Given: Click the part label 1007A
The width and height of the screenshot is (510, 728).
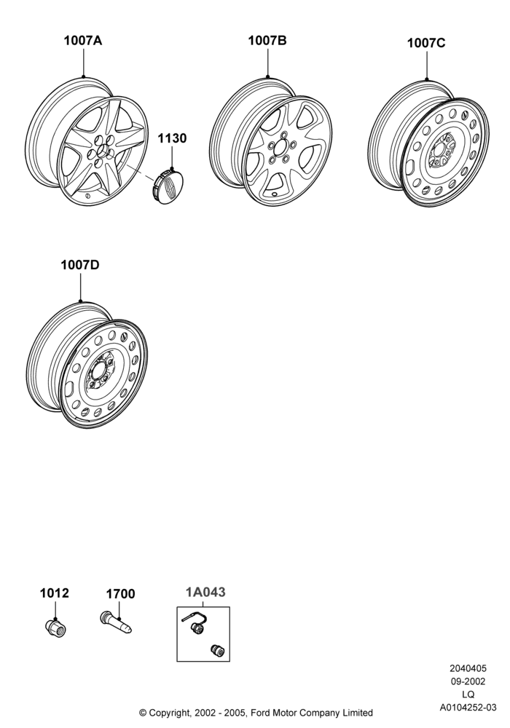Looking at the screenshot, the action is [82, 41].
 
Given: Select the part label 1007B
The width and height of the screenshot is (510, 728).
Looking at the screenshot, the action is [267, 41].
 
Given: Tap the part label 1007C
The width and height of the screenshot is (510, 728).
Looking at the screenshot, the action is [426, 43].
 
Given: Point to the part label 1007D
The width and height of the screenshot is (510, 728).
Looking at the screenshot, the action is [80, 265].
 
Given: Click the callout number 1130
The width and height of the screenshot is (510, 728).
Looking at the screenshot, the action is [172, 138].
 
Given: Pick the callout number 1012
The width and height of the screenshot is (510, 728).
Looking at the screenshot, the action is [55, 593].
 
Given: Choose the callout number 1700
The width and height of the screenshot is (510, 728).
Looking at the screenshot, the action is [120, 594].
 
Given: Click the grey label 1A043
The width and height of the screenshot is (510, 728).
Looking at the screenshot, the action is [205, 593].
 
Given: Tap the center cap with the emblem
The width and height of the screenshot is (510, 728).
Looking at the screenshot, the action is [168, 185].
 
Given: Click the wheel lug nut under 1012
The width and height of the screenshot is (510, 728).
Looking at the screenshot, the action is [56, 628].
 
